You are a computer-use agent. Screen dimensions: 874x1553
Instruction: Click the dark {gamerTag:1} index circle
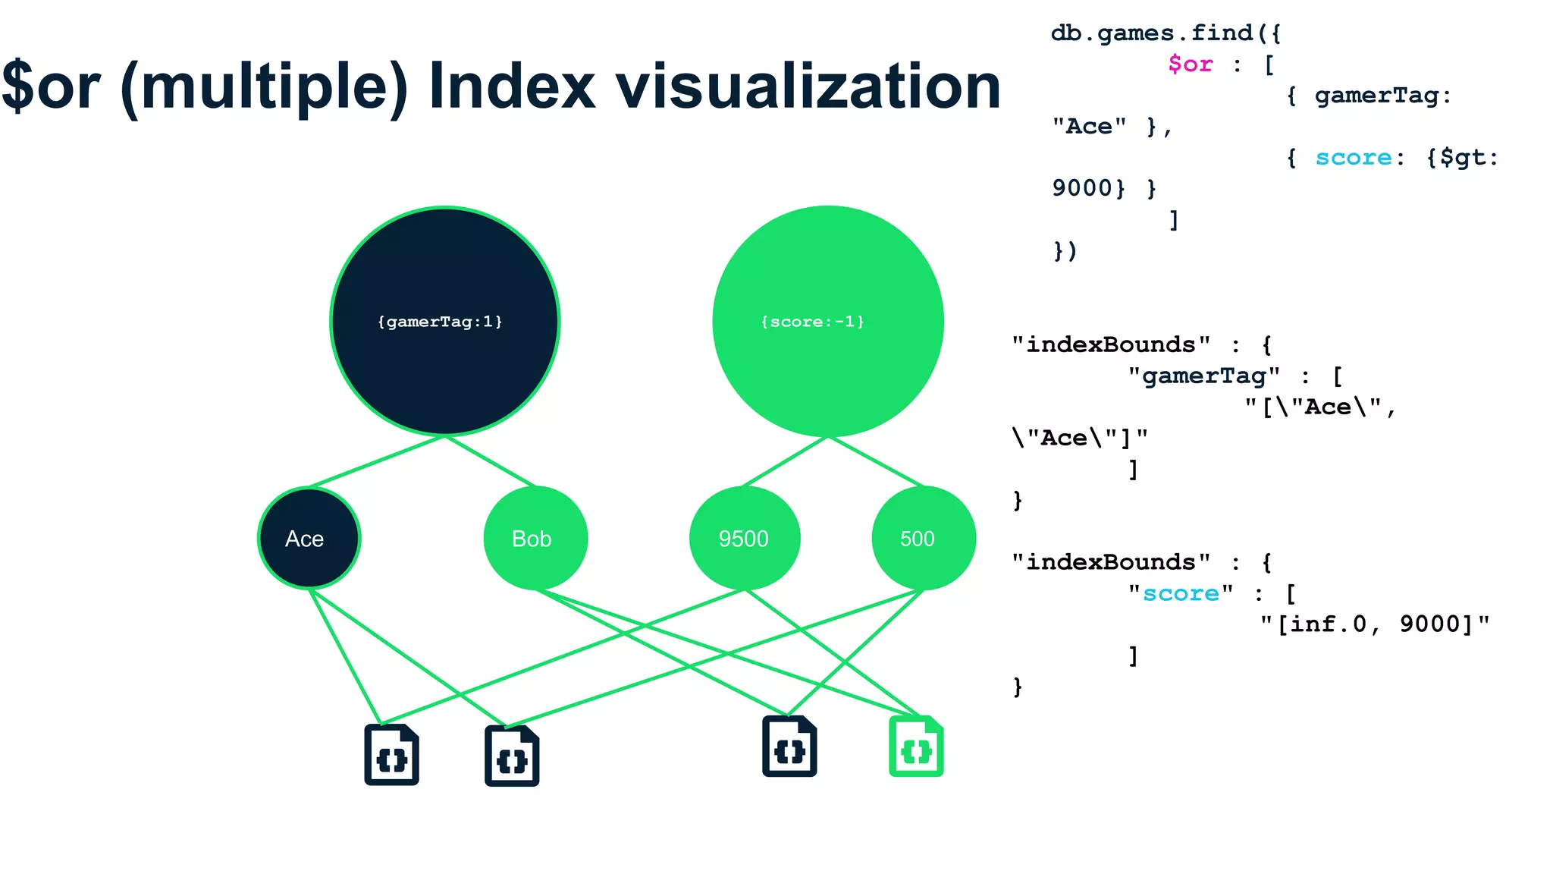[x=445, y=321]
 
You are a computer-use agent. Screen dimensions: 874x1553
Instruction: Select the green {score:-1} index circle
[x=827, y=321]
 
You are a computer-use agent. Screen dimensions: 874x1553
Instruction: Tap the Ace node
[x=309, y=538]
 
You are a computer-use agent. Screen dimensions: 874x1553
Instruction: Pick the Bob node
[x=535, y=538]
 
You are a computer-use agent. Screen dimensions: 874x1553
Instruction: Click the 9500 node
[x=744, y=538]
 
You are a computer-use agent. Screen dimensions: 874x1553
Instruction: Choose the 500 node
[x=923, y=538]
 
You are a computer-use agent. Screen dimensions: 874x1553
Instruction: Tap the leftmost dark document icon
[x=391, y=755]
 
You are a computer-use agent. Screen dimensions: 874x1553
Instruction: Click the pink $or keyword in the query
[x=1190, y=64]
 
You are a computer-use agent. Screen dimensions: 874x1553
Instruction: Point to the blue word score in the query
[x=1353, y=158]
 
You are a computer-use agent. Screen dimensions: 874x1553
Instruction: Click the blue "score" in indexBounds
[x=1181, y=593]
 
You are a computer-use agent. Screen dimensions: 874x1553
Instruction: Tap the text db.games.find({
[x=1165, y=33]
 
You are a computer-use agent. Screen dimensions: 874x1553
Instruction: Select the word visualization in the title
[x=808, y=86]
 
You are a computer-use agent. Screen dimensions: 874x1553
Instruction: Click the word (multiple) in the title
[x=264, y=86]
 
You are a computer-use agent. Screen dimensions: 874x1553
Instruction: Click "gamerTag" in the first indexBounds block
[x=1203, y=376]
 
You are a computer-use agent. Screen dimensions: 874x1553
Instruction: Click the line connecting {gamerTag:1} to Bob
[x=491, y=461]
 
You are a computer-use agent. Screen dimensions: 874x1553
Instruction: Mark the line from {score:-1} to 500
[x=876, y=461]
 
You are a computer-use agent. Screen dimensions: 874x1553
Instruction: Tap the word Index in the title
[x=513, y=86]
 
